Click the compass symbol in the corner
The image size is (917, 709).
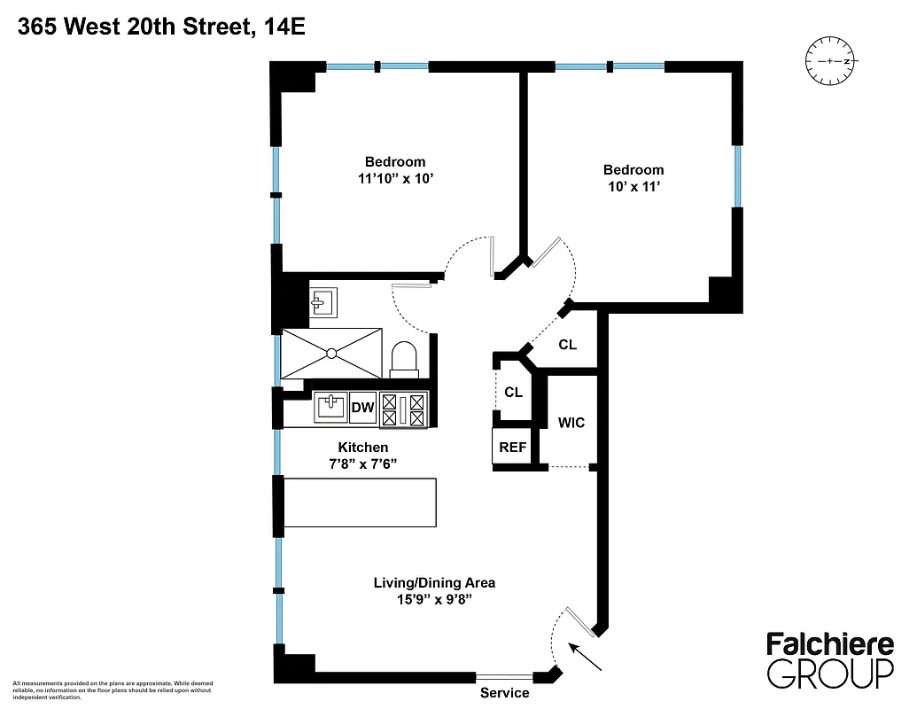pos(829,62)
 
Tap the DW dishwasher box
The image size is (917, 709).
pos(363,408)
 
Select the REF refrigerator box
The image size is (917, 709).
pos(512,448)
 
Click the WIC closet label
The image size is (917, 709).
pos(571,423)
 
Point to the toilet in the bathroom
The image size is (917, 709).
pos(404,359)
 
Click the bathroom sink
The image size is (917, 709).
pos(321,302)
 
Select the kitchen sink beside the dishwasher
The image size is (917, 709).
pos(331,408)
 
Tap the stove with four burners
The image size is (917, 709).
pos(404,410)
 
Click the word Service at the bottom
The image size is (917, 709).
pos(504,693)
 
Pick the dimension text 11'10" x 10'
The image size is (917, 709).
pos(394,178)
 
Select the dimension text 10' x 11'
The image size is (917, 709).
pos(633,187)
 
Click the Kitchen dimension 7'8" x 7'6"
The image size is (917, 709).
pos(362,464)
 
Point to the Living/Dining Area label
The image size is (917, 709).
pos(433,582)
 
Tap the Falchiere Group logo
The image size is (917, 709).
pos(829,660)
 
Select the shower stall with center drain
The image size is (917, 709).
pos(331,353)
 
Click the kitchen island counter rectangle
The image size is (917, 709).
pos(360,503)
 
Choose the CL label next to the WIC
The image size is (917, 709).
pos(513,392)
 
